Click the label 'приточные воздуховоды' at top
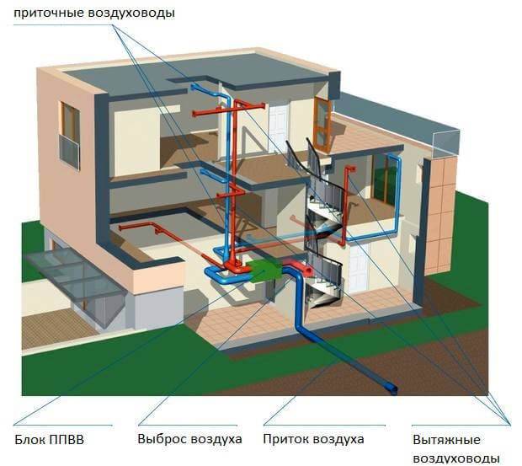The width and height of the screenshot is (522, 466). tap(94, 13)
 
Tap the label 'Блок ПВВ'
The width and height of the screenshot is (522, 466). tap(50, 439)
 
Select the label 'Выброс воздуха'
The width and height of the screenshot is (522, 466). tap(189, 439)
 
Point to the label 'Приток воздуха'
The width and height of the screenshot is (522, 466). tap(314, 439)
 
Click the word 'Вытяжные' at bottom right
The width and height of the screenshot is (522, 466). tap(446, 440)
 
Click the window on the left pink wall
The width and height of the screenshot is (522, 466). tap(70, 134)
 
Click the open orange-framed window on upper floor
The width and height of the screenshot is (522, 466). tap(322, 123)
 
